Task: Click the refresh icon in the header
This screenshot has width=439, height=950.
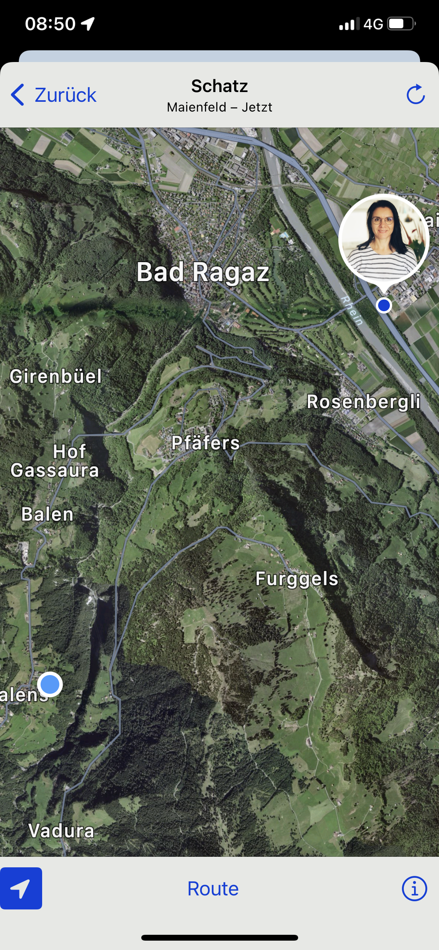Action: click(415, 94)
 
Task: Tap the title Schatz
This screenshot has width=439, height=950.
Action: click(219, 86)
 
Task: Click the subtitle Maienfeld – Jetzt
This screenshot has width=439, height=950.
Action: click(219, 107)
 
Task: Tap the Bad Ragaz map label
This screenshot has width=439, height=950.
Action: click(203, 272)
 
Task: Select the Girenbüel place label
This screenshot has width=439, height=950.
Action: click(56, 376)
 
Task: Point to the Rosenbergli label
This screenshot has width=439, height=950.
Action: click(363, 402)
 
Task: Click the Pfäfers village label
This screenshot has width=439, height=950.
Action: click(205, 443)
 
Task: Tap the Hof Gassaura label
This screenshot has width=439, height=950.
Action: click(55, 461)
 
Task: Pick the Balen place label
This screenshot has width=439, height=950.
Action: click(47, 514)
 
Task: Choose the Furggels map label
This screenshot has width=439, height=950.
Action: click(297, 579)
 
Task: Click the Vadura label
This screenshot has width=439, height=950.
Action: click(61, 831)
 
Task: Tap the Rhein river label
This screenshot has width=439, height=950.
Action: click(352, 310)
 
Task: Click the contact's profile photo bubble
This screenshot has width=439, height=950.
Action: click(384, 239)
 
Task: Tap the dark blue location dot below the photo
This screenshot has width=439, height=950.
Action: click(384, 305)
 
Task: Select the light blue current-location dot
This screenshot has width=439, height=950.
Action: click(50, 684)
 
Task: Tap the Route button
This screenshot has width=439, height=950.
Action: click(213, 889)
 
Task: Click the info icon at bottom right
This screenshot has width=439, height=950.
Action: click(414, 889)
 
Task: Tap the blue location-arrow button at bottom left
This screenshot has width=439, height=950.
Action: click(21, 888)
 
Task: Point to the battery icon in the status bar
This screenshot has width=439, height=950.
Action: click(401, 24)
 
